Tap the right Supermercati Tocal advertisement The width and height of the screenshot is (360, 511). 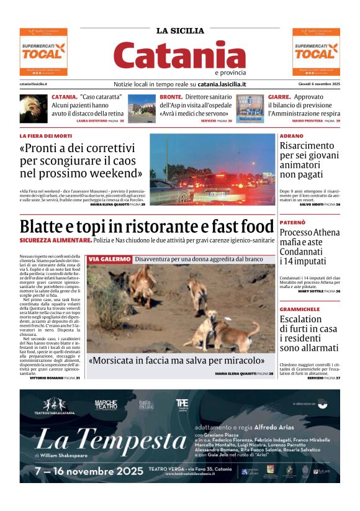316,52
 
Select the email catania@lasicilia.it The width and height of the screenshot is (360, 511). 34,84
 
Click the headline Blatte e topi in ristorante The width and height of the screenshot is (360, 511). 146,227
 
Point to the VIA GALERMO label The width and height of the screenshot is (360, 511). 109,259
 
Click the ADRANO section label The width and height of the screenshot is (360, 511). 291,135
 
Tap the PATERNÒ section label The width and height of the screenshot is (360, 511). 293,222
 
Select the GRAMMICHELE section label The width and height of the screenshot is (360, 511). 299,309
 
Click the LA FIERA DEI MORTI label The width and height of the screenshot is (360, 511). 46,135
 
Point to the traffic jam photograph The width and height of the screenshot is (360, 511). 212,168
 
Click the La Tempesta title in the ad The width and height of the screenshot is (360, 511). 112,441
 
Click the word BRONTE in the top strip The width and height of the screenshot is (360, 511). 171,97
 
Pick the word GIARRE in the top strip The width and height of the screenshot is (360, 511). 279,97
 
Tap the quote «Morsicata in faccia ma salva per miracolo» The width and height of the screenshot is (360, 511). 176,361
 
